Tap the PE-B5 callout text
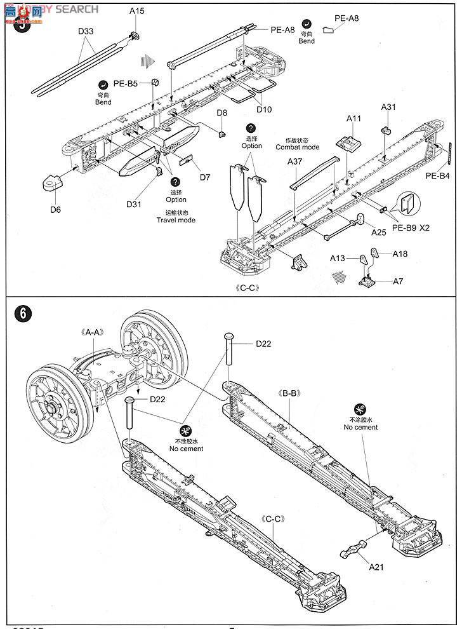click(126, 83)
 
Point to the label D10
click(264, 109)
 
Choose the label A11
click(353, 119)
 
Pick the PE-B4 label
click(437, 176)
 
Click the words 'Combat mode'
click(298, 147)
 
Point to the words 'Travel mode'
click(176, 220)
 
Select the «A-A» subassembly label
click(94, 332)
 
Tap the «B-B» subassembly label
click(290, 393)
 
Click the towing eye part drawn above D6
click(51, 184)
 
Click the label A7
click(398, 280)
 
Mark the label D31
click(134, 203)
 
